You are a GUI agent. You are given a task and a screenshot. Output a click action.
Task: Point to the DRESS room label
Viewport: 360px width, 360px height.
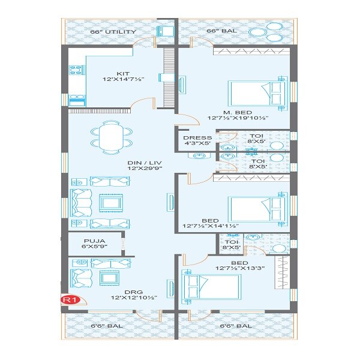tap(197, 137)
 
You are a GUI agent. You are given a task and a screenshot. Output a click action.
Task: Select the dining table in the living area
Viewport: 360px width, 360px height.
tap(112, 137)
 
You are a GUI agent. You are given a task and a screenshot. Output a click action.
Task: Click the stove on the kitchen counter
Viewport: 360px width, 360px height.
tap(74, 71)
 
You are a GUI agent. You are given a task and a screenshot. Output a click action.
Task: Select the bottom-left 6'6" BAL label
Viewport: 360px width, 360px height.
tap(104, 326)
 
